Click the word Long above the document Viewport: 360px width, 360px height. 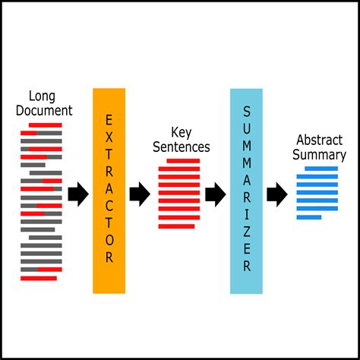pos(41,96)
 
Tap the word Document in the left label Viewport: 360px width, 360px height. pos(45,111)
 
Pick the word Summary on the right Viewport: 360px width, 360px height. pos(321,155)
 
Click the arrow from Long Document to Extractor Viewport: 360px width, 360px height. pos(78,194)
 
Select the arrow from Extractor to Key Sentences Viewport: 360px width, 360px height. pos(139,194)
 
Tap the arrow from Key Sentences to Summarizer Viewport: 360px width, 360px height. pos(216,194)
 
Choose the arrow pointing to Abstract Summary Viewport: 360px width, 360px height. pos(277,194)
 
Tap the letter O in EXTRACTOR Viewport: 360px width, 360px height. pos(109,236)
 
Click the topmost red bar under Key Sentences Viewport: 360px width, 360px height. pos(183,161)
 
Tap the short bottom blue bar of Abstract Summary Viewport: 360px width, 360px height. pos(309,217)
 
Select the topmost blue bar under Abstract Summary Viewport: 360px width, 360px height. pos(317,169)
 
